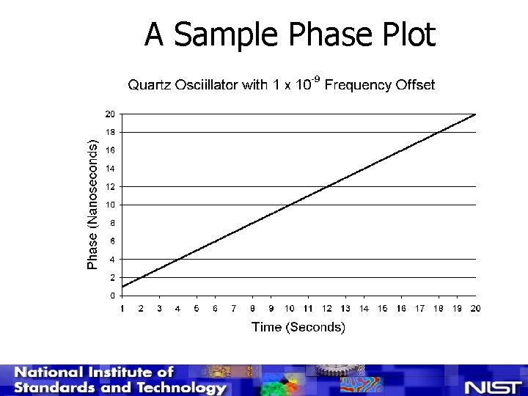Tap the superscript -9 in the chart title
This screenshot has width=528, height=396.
pos(315,80)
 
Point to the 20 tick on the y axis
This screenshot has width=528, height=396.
pos(109,114)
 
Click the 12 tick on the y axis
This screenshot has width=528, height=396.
pos(109,186)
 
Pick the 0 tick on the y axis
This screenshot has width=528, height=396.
pos(112,296)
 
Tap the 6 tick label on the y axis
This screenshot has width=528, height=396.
pos(112,241)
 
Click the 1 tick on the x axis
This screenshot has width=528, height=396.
pos(122,309)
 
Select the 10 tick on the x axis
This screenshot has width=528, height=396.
pos(290,309)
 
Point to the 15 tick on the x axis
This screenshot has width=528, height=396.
pos(383,309)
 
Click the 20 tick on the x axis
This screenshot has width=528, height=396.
pos(475,309)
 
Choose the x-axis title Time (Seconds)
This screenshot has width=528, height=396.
pos(298,327)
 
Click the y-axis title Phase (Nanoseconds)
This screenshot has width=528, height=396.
pos(93,205)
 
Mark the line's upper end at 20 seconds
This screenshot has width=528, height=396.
pos(476,114)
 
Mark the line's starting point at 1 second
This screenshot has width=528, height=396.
pos(122,286)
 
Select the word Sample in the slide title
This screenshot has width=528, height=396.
pos(228,34)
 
